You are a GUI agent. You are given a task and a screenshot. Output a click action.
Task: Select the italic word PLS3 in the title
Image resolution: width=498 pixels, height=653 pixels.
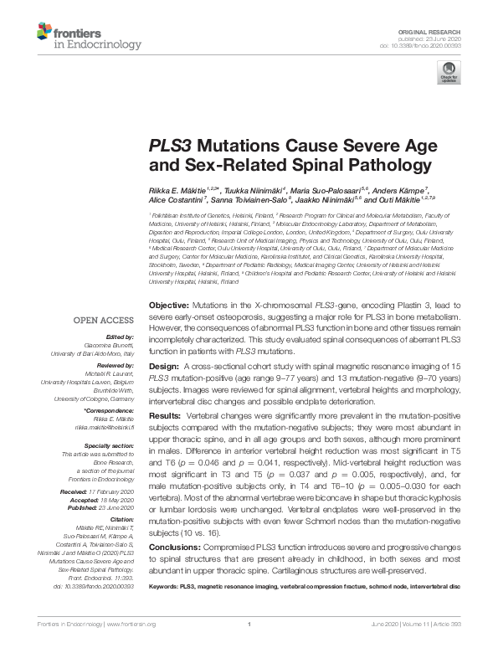(172, 144)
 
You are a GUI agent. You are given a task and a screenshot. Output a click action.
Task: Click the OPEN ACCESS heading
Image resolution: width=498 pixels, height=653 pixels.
(103, 320)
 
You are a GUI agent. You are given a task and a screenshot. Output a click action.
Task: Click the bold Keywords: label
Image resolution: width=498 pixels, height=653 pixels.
(162, 587)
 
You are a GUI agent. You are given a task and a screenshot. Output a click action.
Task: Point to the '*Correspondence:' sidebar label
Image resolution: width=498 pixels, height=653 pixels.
(110, 412)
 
